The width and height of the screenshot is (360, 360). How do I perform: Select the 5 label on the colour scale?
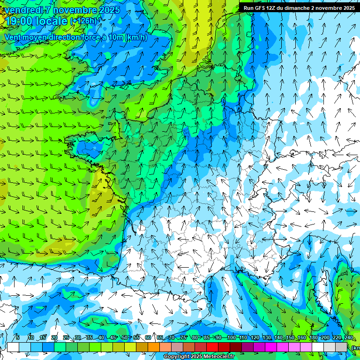click(17, 338)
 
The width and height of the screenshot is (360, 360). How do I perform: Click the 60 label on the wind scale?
click(148, 338)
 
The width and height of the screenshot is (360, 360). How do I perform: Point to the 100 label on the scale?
click(231, 338)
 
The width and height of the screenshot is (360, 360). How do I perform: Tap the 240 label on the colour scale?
click(349, 338)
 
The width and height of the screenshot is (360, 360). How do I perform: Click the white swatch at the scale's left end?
click(13, 347)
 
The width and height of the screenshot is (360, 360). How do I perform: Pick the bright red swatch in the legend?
click(212, 347)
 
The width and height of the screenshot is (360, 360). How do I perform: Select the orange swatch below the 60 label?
click(154, 347)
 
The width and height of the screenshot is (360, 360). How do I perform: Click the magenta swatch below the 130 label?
click(271, 347)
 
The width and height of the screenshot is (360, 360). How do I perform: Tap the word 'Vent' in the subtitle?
click(13, 37)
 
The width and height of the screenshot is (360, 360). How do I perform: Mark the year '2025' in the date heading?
click(109, 10)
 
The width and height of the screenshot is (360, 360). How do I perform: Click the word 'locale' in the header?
click(52, 21)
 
